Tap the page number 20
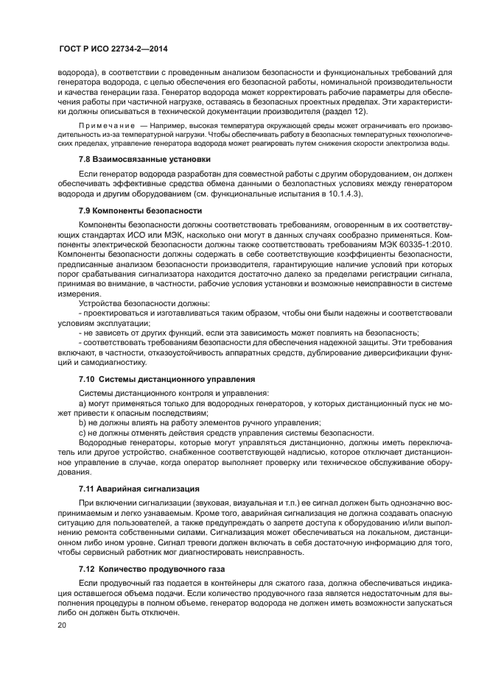click(63, 625)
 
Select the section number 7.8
click(85, 159)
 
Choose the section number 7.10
click(87, 378)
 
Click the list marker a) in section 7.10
click(83, 404)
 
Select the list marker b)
click(83, 422)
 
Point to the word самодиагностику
click(104, 362)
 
